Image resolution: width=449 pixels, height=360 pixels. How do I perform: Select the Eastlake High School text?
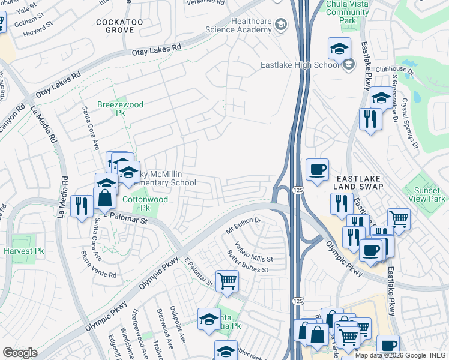point(300,65)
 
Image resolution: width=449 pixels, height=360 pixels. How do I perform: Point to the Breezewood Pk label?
point(121,109)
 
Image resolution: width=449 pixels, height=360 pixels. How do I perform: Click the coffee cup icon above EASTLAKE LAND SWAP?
point(316,169)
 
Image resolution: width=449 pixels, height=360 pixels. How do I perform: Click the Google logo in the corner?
point(20,353)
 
